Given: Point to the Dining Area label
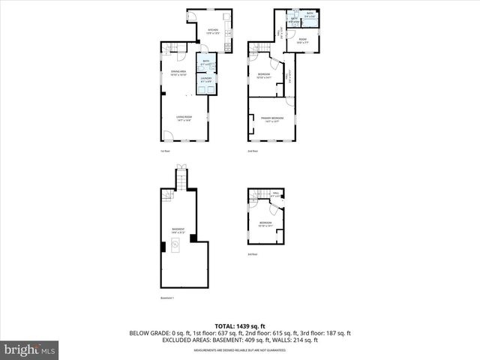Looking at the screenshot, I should (x=178, y=73).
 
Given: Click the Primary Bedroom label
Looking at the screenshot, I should (x=271, y=119).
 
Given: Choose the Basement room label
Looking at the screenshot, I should (x=178, y=231).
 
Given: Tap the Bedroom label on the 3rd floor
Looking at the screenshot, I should (x=265, y=224).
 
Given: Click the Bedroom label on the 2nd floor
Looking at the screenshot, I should (x=264, y=76).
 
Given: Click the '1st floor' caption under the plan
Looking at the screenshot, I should (x=165, y=151).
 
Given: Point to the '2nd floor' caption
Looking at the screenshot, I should (x=253, y=151).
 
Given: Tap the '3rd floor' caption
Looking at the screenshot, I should (x=253, y=254).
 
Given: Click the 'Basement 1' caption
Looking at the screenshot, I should (x=167, y=298).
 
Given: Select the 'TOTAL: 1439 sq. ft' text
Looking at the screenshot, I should (x=240, y=326).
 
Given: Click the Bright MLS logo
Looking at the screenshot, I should (x=30, y=349).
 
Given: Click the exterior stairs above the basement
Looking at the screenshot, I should (x=179, y=178).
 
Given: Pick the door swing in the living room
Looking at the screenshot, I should (x=169, y=136).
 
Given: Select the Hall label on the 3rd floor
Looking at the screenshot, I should (x=275, y=194).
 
